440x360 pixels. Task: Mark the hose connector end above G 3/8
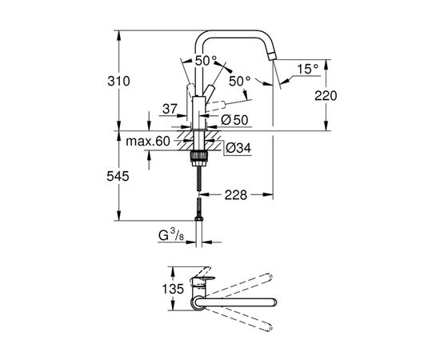click(x=198, y=215)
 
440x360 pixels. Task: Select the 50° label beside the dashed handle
click(x=240, y=81)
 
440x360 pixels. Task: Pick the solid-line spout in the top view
click(x=240, y=302)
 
